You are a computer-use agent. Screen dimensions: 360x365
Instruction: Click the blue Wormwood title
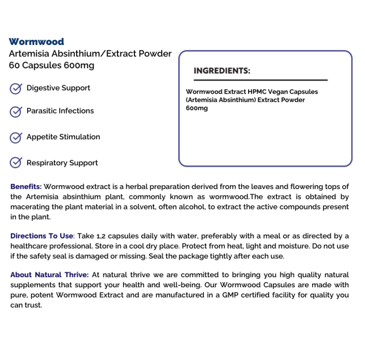(36, 41)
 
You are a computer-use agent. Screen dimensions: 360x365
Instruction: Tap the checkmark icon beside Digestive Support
(16, 89)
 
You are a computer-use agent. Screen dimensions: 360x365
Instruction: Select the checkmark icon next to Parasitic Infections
(16, 111)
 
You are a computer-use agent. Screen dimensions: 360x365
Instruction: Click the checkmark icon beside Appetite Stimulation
(16, 137)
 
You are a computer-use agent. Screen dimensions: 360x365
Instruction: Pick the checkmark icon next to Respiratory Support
(16, 164)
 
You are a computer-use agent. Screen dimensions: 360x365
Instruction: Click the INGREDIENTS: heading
(222, 71)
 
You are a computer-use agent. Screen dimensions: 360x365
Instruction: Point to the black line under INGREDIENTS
(261, 81)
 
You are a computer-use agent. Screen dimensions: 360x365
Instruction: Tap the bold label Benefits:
(26, 186)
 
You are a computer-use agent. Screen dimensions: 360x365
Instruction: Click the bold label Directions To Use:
(42, 236)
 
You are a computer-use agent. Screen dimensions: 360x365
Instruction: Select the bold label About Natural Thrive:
(49, 275)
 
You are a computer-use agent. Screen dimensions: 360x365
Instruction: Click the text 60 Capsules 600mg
(52, 65)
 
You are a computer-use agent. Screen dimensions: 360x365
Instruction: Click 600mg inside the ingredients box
(197, 108)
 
